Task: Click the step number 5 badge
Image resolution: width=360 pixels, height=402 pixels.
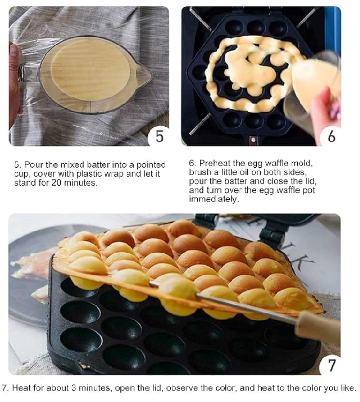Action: (159, 136)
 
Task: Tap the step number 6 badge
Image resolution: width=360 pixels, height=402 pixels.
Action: (331, 136)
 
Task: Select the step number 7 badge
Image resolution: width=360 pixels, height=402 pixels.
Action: (331, 365)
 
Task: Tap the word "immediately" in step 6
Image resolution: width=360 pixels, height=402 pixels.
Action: (214, 199)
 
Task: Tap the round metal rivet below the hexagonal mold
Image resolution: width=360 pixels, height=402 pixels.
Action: (253, 140)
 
